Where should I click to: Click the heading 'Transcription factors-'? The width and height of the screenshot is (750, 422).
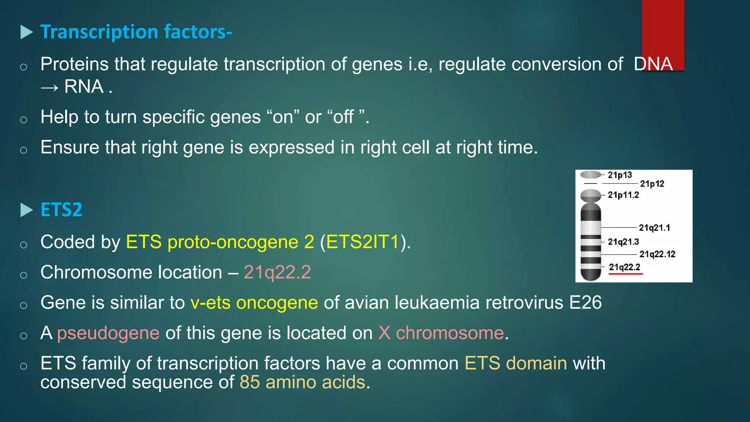136,32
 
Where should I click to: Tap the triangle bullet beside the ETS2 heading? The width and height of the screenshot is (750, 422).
26,210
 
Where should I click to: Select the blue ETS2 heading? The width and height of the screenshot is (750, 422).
61,210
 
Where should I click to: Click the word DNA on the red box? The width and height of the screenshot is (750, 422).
653,64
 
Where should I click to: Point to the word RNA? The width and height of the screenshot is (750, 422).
84,87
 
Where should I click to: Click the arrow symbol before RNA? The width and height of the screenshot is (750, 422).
49,88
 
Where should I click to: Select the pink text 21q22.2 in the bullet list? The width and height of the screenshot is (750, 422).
277,272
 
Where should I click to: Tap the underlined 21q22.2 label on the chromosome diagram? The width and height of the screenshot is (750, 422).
624,267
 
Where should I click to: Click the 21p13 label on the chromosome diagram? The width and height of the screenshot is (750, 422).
620,175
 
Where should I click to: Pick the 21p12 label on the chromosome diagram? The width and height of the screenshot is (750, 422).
652,184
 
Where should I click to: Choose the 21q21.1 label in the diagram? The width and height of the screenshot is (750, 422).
654,228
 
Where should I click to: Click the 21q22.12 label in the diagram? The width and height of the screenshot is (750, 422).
657,254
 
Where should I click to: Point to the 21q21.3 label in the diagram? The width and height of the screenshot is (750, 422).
623,242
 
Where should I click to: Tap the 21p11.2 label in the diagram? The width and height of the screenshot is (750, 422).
623,195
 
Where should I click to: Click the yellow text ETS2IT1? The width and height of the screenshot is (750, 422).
363,242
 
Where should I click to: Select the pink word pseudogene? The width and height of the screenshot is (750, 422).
108,333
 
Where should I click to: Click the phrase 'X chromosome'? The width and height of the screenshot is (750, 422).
441,333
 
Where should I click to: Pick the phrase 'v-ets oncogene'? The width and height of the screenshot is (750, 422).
254,303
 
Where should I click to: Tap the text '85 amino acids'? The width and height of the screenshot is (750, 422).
302,382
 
